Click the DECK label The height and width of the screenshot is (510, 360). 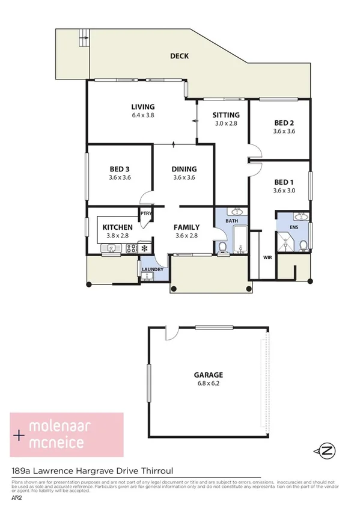coord(179,56)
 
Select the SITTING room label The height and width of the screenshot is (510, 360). coord(227,115)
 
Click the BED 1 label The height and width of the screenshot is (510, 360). coord(284,182)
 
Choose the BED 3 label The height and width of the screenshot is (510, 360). coord(120,169)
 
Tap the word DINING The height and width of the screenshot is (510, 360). coord(185,169)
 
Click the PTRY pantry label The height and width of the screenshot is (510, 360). coord(145,212)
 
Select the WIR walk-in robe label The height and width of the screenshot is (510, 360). coord(267,257)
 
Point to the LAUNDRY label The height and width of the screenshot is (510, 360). coord(153,269)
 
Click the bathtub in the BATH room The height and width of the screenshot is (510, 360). coord(239,240)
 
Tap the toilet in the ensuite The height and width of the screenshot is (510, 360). coord(304,244)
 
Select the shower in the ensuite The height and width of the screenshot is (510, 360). coord(285,242)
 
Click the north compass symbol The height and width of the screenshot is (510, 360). coord(326,450)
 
